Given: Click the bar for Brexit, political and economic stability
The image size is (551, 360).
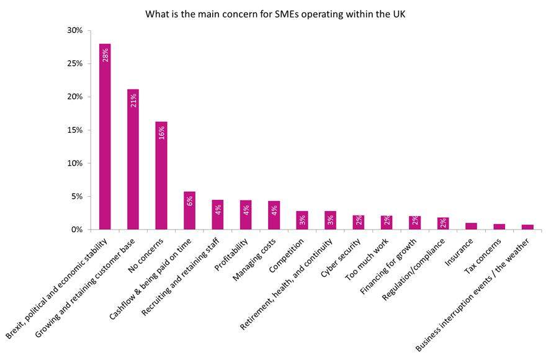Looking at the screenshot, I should [x=105, y=137].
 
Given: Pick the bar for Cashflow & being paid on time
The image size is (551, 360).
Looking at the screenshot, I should [x=189, y=210].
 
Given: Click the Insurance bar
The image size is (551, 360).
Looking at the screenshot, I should [x=471, y=227].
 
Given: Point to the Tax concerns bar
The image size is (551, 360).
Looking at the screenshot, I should [x=499, y=227].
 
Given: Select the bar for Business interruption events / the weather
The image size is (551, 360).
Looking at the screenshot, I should [x=527, y=227].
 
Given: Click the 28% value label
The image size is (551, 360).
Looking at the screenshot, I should [x=105, y=54].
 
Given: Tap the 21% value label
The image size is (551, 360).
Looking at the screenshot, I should [x=133, y=100].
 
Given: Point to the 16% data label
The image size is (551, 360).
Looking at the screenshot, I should [x=161, y=132].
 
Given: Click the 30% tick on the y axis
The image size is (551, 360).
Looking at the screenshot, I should [x=74, y=30].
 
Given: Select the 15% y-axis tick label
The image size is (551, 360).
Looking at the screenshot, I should [x=74, y=130].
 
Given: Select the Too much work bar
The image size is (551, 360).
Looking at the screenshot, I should [x=387, y=223].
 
